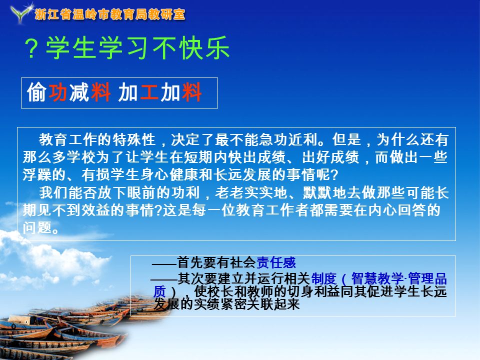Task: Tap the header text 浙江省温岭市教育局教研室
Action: (110, 14)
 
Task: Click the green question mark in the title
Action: (31, 48)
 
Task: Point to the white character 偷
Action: (36, 92)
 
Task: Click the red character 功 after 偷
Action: (58, 92)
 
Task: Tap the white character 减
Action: (79, 92)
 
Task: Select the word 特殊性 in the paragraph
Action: (134, 139)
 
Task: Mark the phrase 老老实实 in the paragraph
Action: (244, 192)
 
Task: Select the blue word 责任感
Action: (276, 262)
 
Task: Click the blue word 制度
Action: (324, 278)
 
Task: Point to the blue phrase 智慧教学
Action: (377, 278)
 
